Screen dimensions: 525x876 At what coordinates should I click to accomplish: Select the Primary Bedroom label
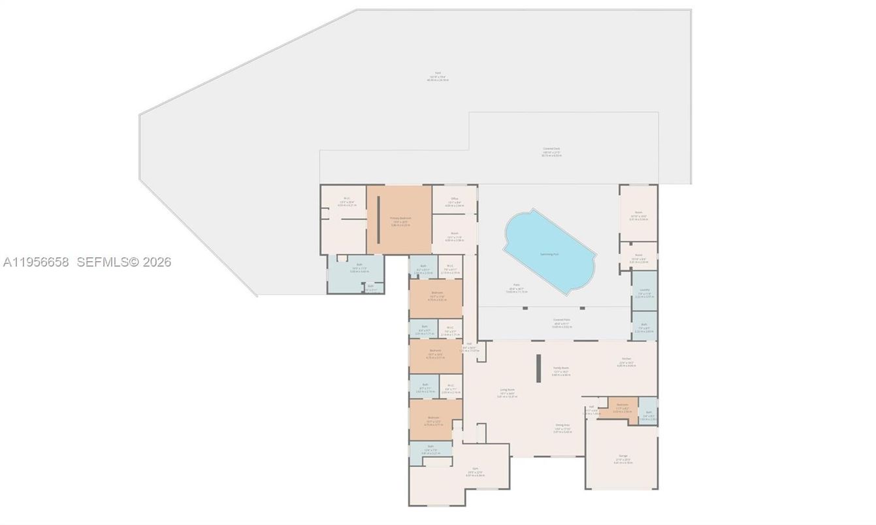(x=398, y=219)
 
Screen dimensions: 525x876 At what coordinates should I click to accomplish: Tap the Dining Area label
(x=562, y=426)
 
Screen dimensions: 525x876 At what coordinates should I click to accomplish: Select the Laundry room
(x=644, y=291)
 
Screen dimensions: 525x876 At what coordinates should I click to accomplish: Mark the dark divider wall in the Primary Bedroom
(x=378, y=219)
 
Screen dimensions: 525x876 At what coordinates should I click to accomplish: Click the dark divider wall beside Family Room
(x=538, y=369)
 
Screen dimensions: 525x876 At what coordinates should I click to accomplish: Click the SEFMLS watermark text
(x=123, y=262)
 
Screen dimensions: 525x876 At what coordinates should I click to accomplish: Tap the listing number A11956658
(x=37, y=262)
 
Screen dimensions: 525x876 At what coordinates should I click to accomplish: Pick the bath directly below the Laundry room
(x=644, y=326)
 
